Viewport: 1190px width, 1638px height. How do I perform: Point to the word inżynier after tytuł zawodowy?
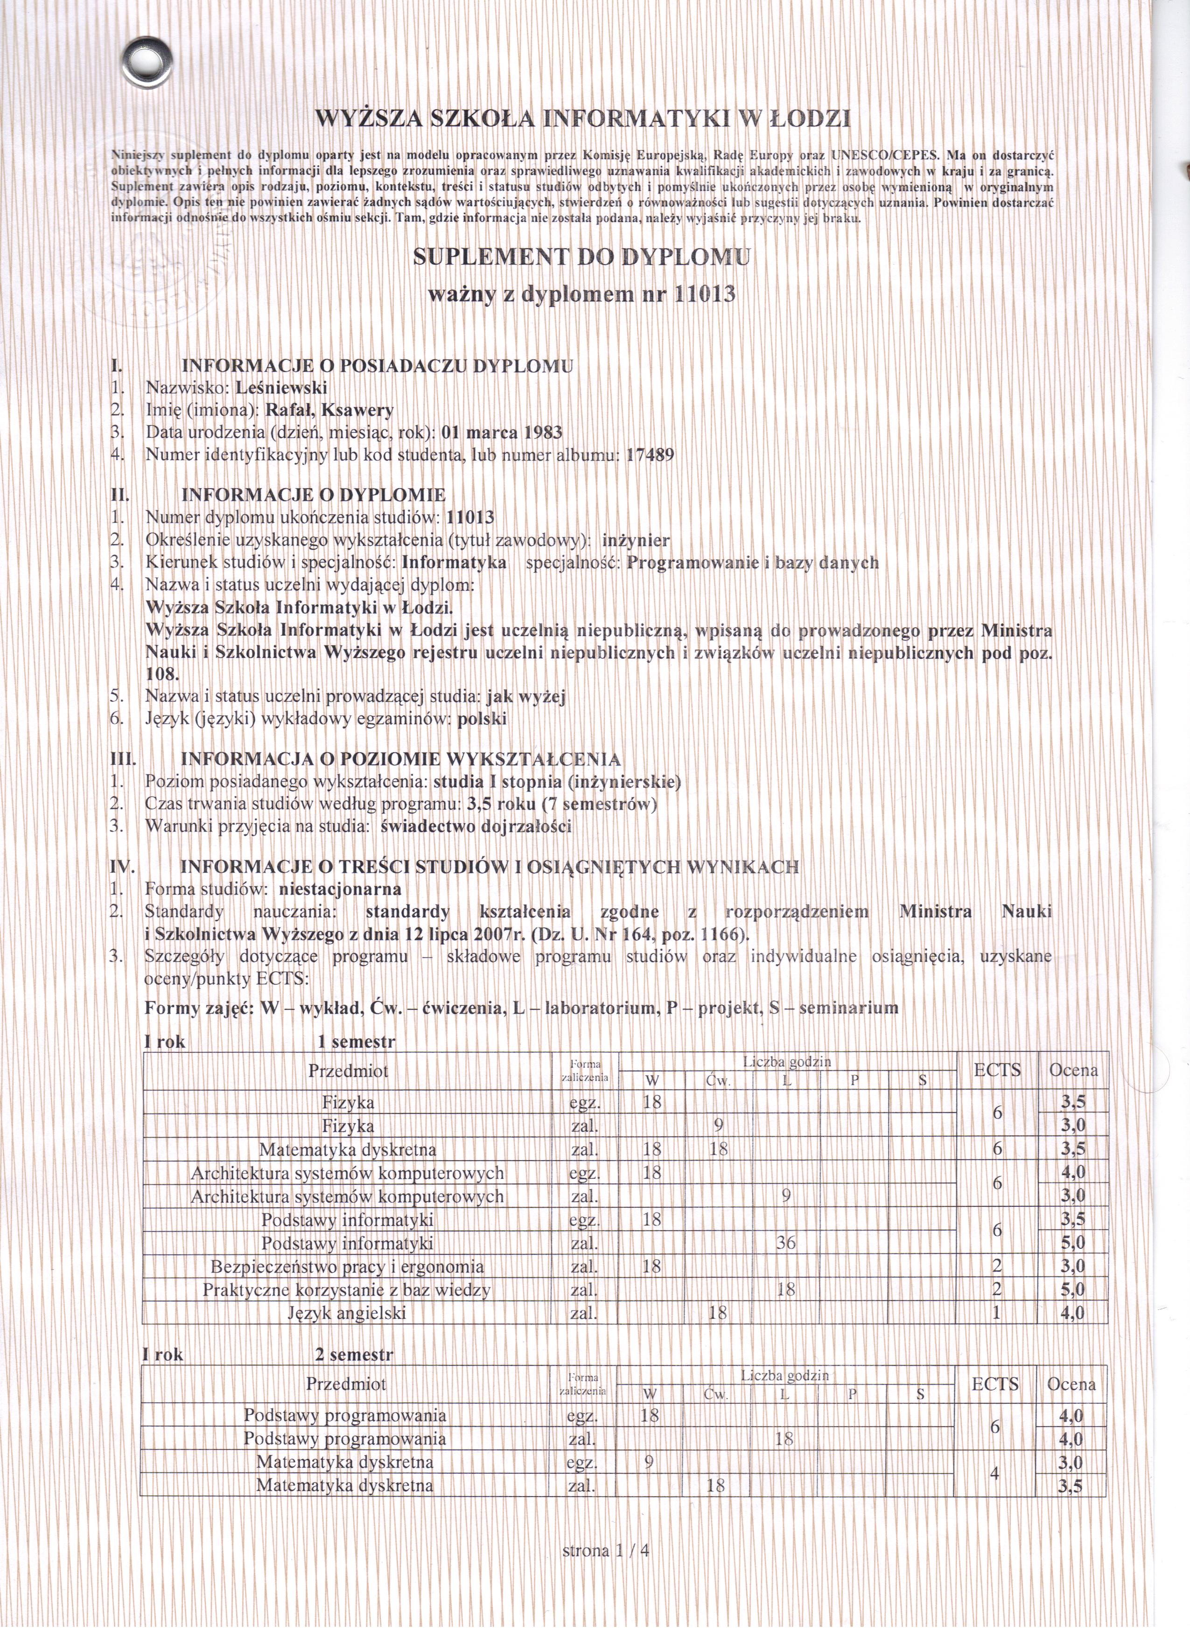click(x=636, y=540)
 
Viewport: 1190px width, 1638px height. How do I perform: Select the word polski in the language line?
click(x=483, y=719)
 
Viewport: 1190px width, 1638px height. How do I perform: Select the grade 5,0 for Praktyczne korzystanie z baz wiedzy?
click(x=1073, y=1290)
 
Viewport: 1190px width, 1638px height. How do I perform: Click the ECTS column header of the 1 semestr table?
click(x=997, y=1071)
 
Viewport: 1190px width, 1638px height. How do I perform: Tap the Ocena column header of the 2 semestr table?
click(x=1071, y=1385)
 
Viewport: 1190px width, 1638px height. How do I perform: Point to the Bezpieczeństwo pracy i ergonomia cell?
click(x=347, y=1267)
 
